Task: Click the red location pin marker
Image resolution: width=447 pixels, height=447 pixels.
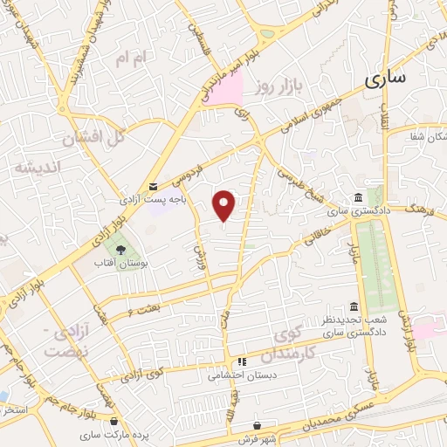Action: click(x=225, y=205)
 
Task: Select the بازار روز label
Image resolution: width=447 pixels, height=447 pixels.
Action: click(x=279, y=86)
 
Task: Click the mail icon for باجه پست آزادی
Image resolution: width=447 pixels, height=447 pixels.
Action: click(x=154, y=186)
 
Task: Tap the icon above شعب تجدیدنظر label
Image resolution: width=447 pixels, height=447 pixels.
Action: click(x=353, y=307)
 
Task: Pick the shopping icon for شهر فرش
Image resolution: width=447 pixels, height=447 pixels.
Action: click(x=256, y=425)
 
